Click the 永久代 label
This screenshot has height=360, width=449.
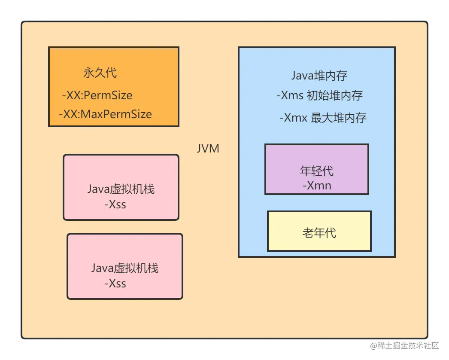(x=100, y=73)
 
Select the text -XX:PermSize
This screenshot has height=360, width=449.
(x=97, y=95)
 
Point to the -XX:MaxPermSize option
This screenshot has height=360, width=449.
(x=106, y=114)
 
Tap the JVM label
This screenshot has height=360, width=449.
(x=208, y=149)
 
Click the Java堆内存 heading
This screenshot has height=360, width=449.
(x=319, y=76)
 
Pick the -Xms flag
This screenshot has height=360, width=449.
(x=290, y=95)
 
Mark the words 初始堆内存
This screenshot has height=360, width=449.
(x=335, y=95)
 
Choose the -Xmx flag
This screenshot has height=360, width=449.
(x=293, y=118)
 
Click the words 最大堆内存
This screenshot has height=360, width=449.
(x=338, y=118)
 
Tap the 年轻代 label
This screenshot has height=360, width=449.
(x=317, y=171)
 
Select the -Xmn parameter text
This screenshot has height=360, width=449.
(x=317, y=186)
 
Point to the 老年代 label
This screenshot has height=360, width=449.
(x=319, y=233)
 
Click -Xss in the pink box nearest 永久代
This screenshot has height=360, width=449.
(x=115, y=204)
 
